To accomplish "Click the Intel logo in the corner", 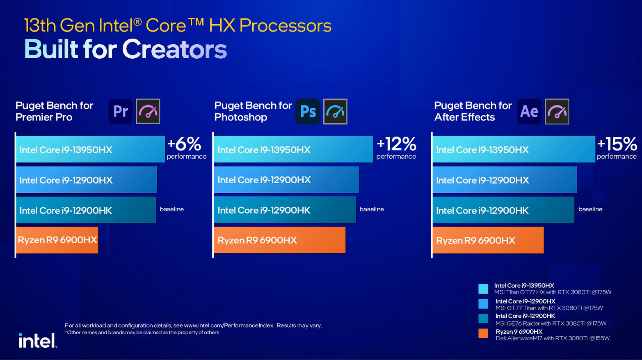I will pos(37,340).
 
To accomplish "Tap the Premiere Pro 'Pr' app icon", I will pos(121,112).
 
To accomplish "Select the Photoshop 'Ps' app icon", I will pos(308,112).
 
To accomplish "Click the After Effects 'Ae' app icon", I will pos(529,112).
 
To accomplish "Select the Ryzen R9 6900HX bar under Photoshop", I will pos(279,240).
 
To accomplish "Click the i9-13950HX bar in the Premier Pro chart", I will pos(90,150).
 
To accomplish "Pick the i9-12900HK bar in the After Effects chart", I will pos(503,210).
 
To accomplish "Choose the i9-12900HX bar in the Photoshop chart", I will pos(286,180).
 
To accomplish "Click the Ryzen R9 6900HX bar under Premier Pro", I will pos(57,240).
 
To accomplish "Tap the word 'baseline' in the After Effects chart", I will pos(590,209).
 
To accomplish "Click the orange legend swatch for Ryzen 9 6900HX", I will pos(483,333).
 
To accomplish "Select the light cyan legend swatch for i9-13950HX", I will pos(483,289).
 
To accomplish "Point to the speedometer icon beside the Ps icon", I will pos(335,112).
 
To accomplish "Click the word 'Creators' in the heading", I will pos(174,50).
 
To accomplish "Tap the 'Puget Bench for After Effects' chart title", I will pos(473,112).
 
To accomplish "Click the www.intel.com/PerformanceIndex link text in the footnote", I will pos(229,326).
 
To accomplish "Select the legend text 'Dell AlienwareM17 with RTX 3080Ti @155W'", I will pos(553,339).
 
